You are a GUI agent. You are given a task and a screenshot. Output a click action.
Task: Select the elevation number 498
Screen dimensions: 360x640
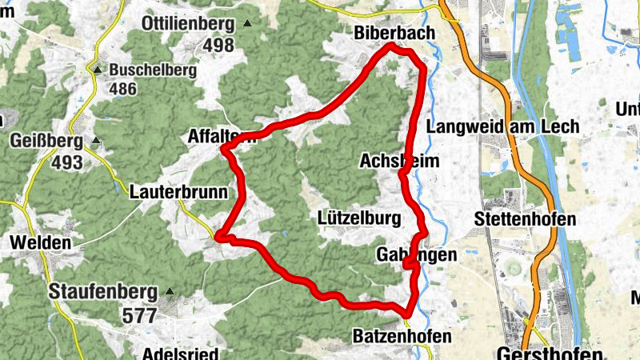[218, 45]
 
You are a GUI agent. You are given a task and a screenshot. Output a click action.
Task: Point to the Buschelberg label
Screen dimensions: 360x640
[153, 70]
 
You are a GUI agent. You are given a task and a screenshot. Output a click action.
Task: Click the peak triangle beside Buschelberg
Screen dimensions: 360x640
[98, 70]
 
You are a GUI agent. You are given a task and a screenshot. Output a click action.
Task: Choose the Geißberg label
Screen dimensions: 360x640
[46, 142]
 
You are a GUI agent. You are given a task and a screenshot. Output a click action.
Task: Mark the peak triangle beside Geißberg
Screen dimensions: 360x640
[96, 142]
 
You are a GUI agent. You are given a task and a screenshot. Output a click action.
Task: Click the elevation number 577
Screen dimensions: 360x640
[139, 315]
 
